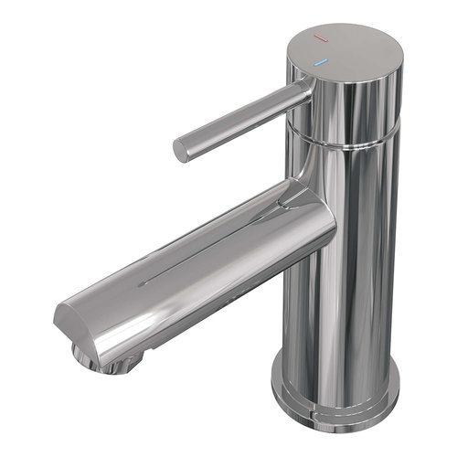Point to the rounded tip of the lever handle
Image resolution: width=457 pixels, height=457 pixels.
coord(180,150)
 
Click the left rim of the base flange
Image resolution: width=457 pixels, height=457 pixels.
coord(275,379)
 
